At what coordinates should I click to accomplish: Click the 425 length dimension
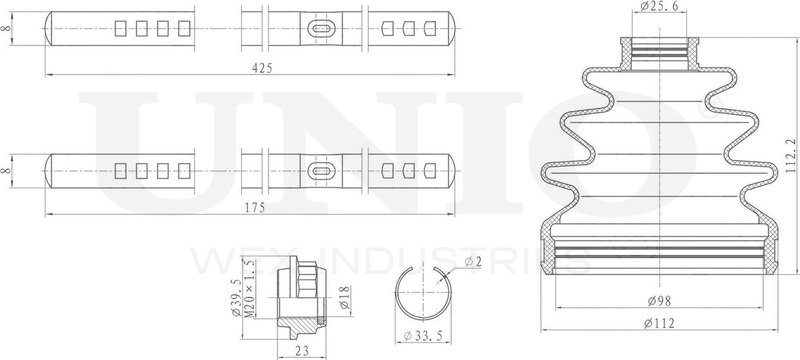262,68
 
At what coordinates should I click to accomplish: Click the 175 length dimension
255,208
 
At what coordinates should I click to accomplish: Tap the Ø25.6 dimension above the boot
659,6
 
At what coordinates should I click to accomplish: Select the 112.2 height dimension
791,156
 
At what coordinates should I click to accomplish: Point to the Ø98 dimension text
659,301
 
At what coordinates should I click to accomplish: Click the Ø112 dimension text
659,323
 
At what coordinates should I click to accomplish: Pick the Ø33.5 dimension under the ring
423,336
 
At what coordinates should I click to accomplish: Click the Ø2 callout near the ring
473,262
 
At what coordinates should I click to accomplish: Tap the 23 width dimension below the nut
302,351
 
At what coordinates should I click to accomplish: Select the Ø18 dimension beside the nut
344,297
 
